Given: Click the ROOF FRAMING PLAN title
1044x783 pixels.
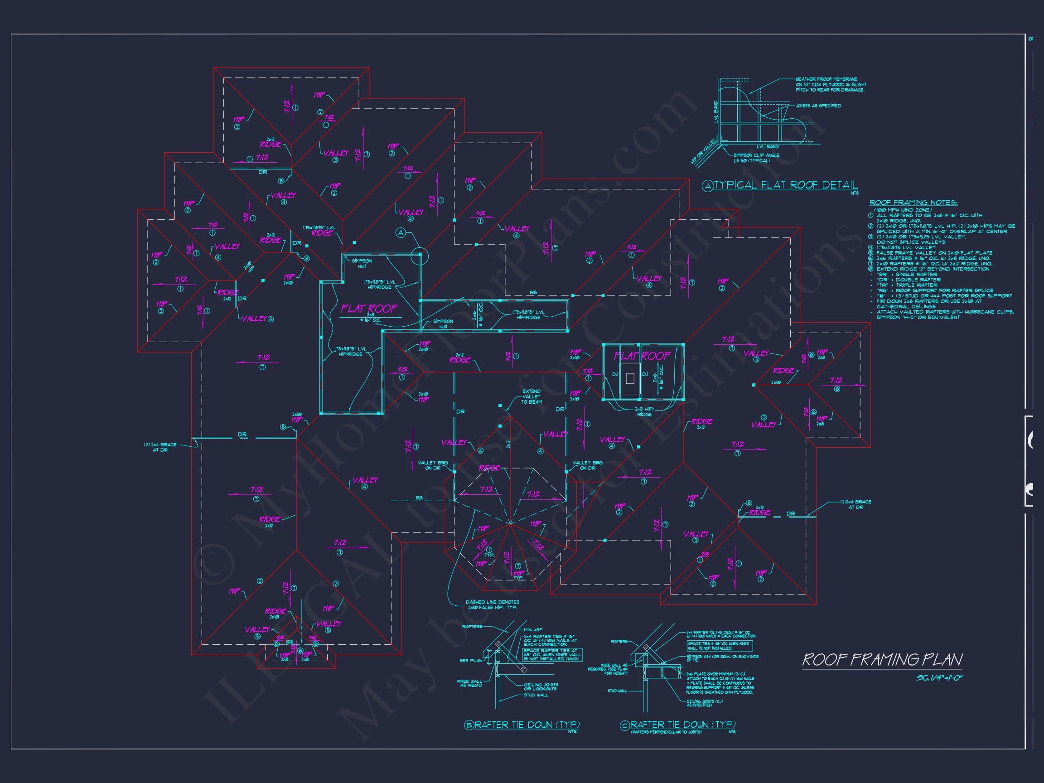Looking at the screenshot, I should [882, 659].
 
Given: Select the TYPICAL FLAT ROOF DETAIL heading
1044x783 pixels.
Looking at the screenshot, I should [785, 185].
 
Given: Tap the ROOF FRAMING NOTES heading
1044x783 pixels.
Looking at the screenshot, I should [913, 203].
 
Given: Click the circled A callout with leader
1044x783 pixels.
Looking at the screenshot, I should [401, 233].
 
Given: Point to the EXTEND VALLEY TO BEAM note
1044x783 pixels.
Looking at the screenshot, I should [532, 396].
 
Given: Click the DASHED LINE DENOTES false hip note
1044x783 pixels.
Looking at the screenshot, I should [492, 604].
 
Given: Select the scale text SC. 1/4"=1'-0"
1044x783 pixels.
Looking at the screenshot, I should [939, 678].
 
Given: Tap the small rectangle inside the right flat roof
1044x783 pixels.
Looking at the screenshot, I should [629, 377].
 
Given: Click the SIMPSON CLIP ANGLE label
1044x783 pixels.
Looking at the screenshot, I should [756, 158].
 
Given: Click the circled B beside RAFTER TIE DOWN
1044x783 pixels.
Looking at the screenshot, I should [469, 726].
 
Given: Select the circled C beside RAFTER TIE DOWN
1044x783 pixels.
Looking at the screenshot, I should [625, 726].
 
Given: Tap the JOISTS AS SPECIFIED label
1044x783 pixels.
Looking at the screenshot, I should [818, 106].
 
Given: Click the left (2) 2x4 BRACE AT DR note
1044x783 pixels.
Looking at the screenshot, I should [160, 447].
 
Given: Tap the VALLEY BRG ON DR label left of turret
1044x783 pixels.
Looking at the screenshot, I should [432, 465].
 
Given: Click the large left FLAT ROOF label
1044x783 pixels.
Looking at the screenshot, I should [369, 309].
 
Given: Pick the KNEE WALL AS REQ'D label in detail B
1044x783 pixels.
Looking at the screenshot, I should [469, 683].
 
